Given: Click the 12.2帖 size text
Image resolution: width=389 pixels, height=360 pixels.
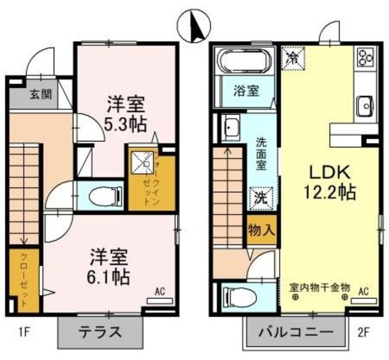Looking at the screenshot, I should tap(330, 194).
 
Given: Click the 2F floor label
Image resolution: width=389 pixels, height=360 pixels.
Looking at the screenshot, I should tap(363, 332).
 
